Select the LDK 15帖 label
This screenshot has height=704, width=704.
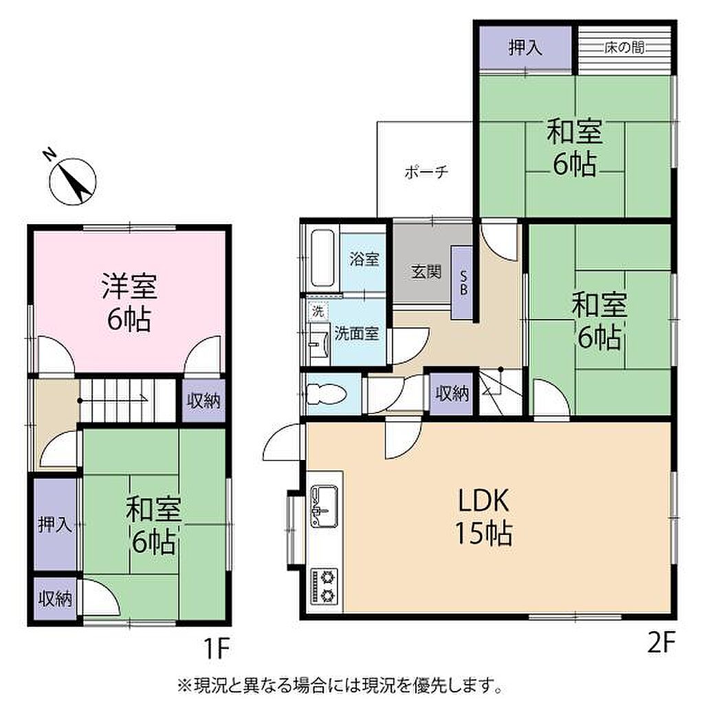point(484,516)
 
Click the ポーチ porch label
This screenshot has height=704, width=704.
point(426,172)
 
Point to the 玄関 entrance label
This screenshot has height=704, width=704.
point(426,272)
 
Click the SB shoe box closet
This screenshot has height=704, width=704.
point(462,283)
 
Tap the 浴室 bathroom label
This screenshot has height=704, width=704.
point(364,259)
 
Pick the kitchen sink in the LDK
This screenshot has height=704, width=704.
point(324,505)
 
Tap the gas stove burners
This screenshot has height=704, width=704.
point(324,586)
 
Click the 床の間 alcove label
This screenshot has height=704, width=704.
point(624,47)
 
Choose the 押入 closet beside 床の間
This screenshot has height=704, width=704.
point(525,47)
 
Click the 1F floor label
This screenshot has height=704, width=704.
point(217,648)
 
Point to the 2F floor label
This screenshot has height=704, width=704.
point(662,643)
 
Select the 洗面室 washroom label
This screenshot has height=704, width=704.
point(357,333)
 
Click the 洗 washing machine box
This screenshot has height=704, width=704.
point(318,311)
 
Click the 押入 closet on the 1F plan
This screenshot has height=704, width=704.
point(55,524)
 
